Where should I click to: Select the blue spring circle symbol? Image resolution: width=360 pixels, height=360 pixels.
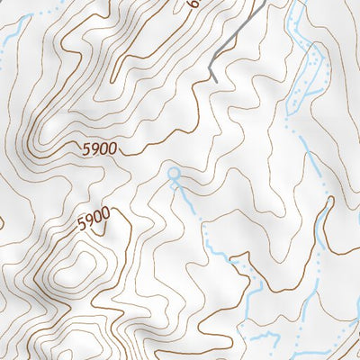[174, 172]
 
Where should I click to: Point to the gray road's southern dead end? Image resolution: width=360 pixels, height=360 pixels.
[216, 81]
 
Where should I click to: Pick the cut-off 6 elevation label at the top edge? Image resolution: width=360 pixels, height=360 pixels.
[192, 4]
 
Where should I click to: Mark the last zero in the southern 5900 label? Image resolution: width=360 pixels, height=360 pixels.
[106, 216]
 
